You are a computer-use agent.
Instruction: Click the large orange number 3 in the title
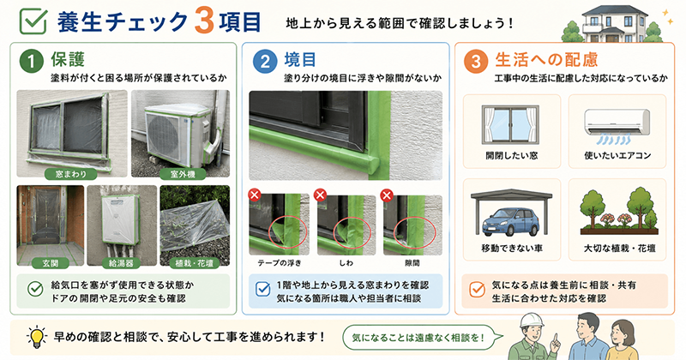tap(204, 21)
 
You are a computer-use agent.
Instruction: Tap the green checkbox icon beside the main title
tap(33, 21)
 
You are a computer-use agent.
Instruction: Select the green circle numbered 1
tap(32, 61)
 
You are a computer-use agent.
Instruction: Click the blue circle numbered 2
tap(265, 61)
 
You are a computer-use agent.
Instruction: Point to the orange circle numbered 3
tap(476, 61)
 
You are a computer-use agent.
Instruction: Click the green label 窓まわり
tap(71, 174)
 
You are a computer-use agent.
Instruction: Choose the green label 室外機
tap(183, 174)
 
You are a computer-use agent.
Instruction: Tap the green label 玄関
tap(51, 263)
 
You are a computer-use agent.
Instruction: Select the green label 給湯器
tap(121, 263)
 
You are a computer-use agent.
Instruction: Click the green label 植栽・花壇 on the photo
tap(195, 263)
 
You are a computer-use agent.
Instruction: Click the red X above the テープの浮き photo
tap(255, 195)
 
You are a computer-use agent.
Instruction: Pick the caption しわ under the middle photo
tap(346, 263)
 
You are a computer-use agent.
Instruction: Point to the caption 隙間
tap(412, 263)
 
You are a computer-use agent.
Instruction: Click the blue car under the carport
tap(510, 222)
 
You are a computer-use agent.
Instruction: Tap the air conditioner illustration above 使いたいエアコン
tap(617, 123)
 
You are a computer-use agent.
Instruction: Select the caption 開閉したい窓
tap(511, 155)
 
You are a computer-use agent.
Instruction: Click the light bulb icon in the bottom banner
tap(37, 337)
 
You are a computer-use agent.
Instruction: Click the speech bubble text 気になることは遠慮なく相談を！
tap(418, 338)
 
